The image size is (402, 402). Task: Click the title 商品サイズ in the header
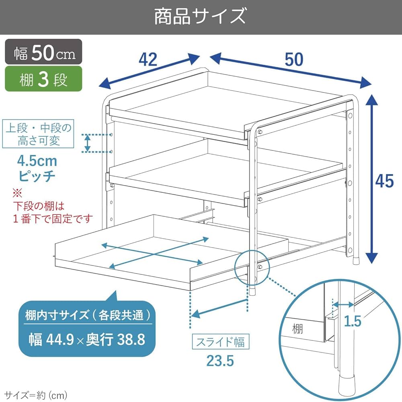click(x=200, y=16)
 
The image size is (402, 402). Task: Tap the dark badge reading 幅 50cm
click(x=43, y=52)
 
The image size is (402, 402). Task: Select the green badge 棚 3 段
click(x=43, y=78)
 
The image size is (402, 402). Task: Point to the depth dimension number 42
click(x=148, y=60)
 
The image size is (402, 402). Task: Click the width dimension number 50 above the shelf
click(x=294, y=60)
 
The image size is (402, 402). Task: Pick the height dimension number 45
click(x=384, y=181)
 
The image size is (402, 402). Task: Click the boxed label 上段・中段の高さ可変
click(x=38, y=134)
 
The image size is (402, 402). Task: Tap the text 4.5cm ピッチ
click(x=37, y=168)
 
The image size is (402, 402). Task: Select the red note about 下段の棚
click(x=53, y=212)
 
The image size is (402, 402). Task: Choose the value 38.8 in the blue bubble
click(x=131, y=339)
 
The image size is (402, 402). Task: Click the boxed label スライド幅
click(x=220, y=341)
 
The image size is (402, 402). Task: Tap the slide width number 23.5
click(x=220, y=361)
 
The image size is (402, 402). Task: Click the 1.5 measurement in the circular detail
click(x=352, y=321)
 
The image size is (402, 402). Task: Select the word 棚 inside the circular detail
click(x=297, y=329)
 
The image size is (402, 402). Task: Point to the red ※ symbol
click(x=17, y=193)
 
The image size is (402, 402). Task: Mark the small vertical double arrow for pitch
click(x=88, y=143)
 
